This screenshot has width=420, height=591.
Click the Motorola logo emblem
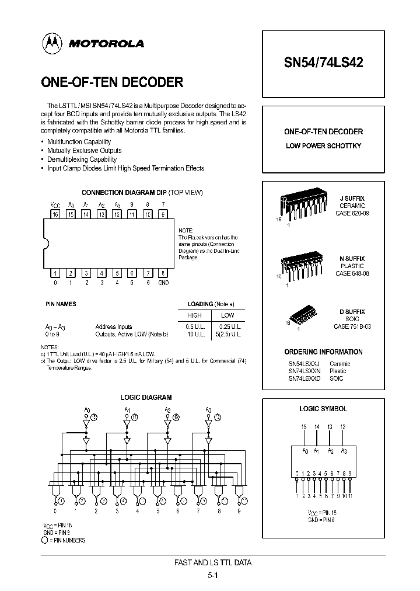click(52, 43)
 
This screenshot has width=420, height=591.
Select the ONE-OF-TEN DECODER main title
click(112, 82)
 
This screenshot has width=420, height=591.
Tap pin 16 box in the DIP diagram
click(55, 214)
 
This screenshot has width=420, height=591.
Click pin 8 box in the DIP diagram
click(163, 273)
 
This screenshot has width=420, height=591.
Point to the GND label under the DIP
click(163, 283)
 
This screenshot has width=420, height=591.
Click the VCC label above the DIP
click(55, 204)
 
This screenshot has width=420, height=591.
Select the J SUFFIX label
click(352, 199)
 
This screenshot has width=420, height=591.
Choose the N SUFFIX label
click(352, 258)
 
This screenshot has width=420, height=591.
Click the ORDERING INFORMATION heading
click(323, 352)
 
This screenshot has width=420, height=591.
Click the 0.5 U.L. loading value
click(195, 327)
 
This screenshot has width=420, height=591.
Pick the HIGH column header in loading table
click(194, 315)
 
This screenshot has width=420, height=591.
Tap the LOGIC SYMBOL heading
click(323, 409)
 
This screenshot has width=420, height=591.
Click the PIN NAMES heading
click(61, 304)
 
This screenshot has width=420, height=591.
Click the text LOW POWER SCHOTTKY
click(323, 145)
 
